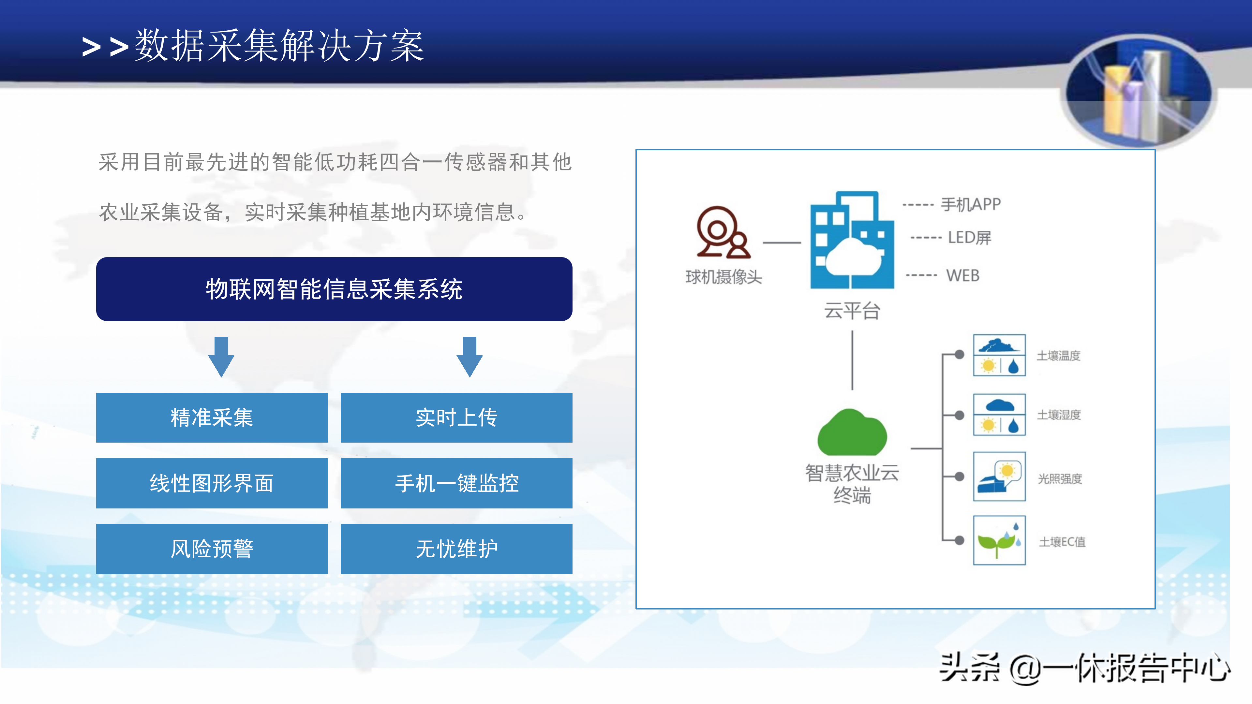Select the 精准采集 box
click(x=212, y=417)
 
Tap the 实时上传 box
click(x=457, y=417)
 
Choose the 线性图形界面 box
click(x=212, y=483)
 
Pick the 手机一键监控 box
click(x=457, y=483)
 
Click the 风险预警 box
click(x=212, y=549)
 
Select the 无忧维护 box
click(x=457, y=549)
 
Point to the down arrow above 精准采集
click(x=221, y=357)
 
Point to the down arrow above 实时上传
click(x=469, y=357)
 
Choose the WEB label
click(x=962, y=275)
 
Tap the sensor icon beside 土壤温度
click(x=999, y=355)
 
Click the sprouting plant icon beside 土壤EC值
click(x=999, y=540)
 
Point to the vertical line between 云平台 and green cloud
click(x=852, y=360)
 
